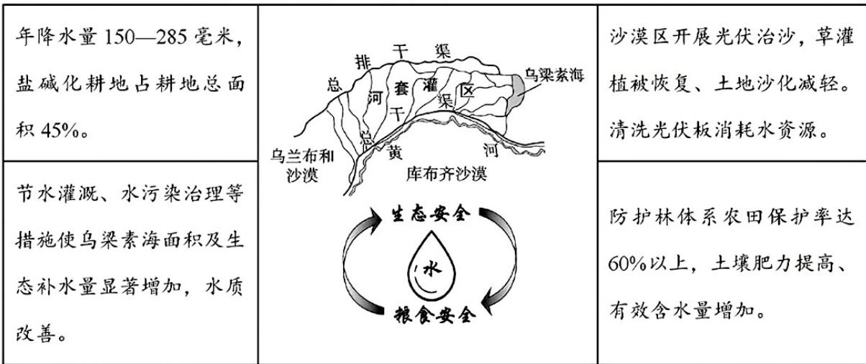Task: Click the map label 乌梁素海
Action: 554,75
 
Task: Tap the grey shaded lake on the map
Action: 518,90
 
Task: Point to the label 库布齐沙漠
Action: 446,173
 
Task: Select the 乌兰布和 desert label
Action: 302,156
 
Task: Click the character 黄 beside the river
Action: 395,152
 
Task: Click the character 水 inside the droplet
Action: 432,268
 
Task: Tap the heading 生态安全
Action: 431,214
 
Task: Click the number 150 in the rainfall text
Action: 120,37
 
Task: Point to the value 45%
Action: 60,131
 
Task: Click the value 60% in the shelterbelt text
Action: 627,264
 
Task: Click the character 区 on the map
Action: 467,91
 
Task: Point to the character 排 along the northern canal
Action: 363,61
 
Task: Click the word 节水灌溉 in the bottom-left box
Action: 57,193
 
